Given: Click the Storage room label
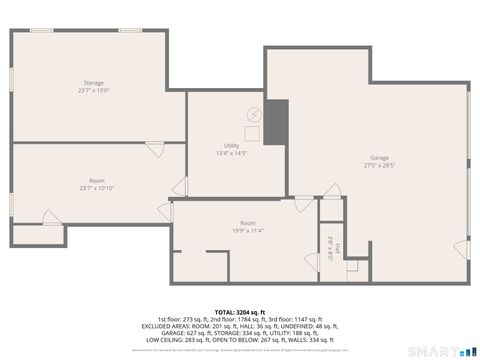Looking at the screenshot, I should (94, 82).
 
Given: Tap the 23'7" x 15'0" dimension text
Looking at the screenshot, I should (94, 90).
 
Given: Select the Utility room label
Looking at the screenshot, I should (231, 146).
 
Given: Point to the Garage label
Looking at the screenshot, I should (380, 158).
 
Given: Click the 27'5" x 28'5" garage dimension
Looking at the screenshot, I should (380, 166).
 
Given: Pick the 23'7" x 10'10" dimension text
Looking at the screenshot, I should (97, 188).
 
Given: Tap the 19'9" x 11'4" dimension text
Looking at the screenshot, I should (248, 230).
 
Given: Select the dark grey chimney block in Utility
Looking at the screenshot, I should (275, 122).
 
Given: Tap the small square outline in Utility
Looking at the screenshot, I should (253, 133).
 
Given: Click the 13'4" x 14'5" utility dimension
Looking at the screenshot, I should (231, 153).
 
